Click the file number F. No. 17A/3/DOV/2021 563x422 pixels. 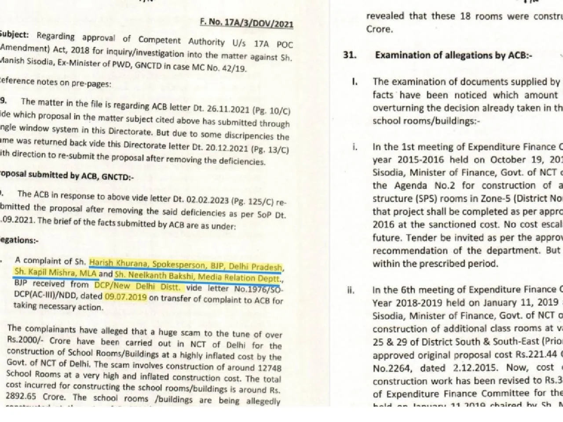point(246,22)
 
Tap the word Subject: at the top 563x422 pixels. point(15,34)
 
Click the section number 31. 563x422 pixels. point(350,56)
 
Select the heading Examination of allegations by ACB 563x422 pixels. point(453,56)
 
